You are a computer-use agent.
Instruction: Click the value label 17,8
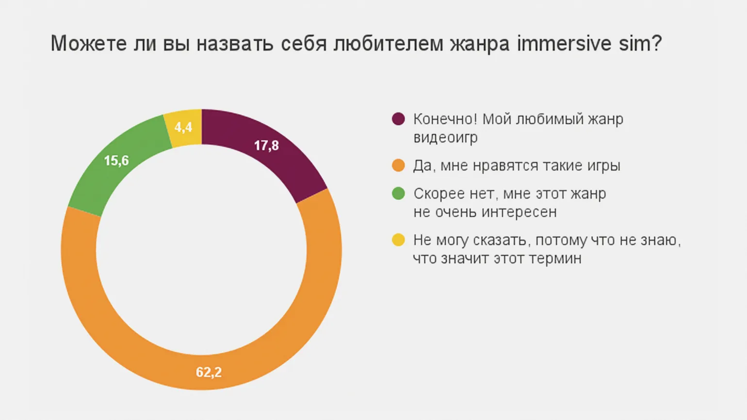[266, 145]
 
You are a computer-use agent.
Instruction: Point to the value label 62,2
[209, 372]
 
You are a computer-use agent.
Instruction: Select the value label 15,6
[116, 161]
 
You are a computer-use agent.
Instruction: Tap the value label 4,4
[183, 128]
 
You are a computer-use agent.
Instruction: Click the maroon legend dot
[398, 119]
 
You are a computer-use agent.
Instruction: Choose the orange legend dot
[398, 165]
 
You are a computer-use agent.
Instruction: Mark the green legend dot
[398, 194]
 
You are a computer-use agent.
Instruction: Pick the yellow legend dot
[398, 240]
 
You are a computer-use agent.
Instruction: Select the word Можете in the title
[89, 44]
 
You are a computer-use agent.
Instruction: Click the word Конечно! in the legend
[445, 119]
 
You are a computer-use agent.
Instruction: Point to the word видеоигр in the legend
[445, 138]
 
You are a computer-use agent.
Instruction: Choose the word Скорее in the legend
[439, 194]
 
